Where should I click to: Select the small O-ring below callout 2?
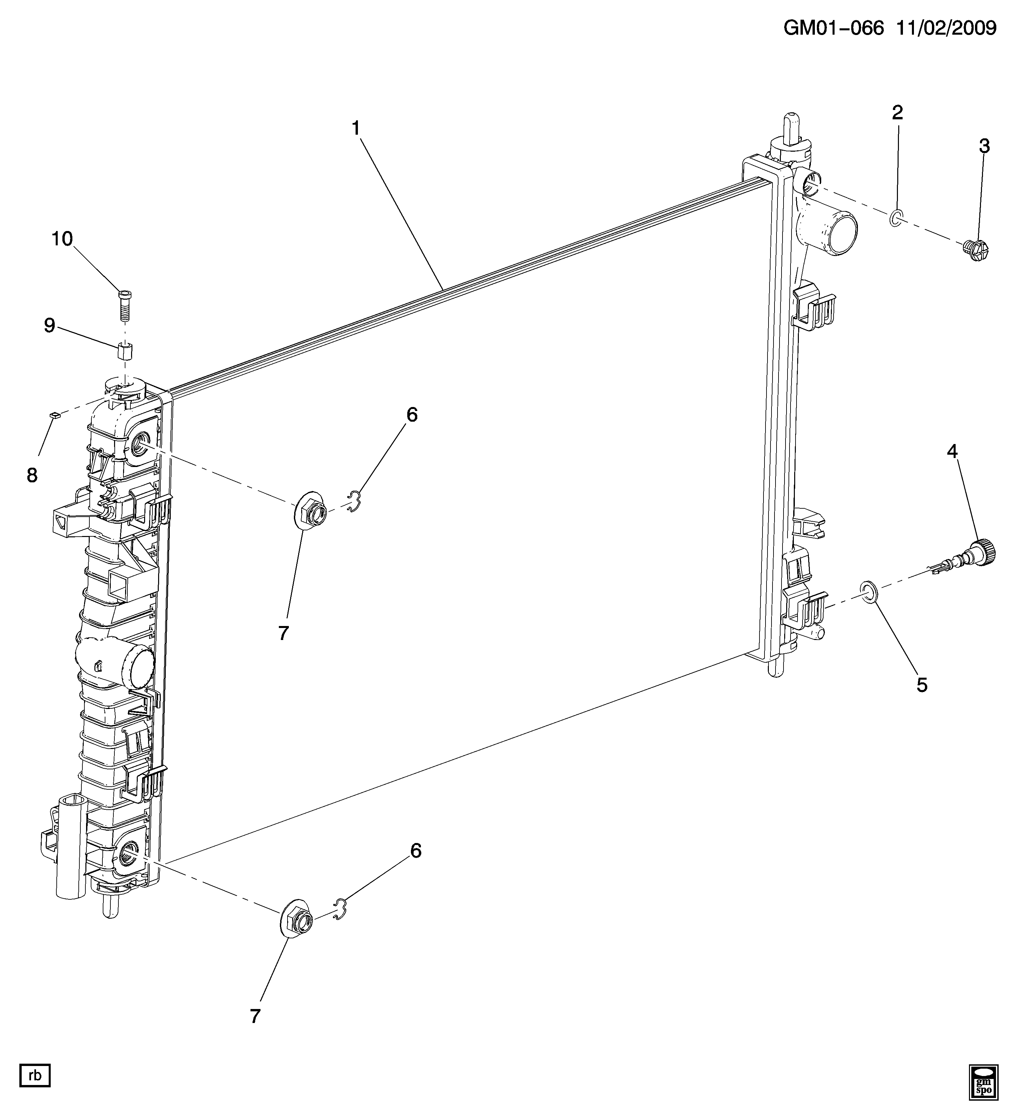(896, 218)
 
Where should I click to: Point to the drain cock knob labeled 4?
(983, 553)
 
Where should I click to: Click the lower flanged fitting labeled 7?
(296, 922)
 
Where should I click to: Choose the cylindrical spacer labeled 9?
(126, 352)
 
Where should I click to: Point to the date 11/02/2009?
(946, 28)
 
